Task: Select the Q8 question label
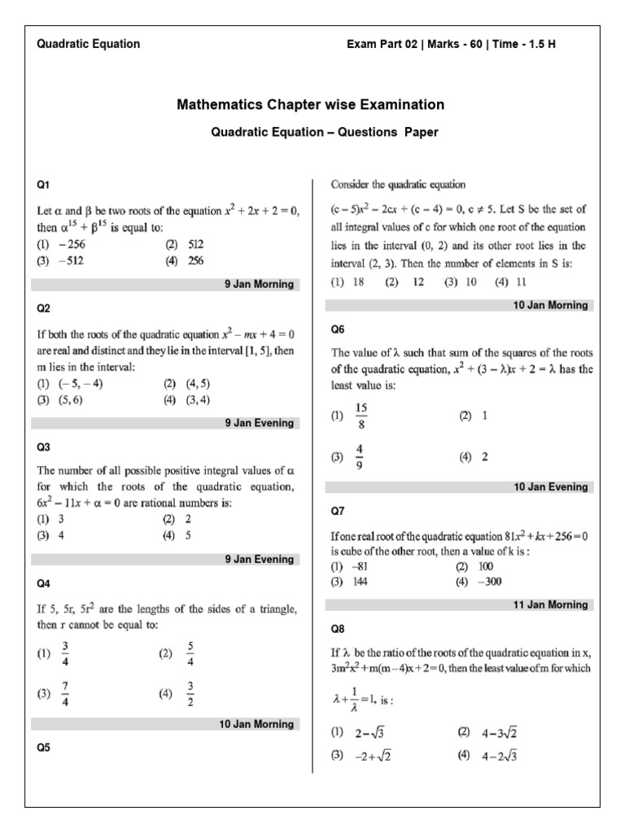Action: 338,629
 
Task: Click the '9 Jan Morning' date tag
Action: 258,284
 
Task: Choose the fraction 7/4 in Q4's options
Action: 65,694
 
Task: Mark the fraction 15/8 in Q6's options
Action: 361,415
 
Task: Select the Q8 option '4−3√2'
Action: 499,732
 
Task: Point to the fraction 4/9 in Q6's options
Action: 360,457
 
